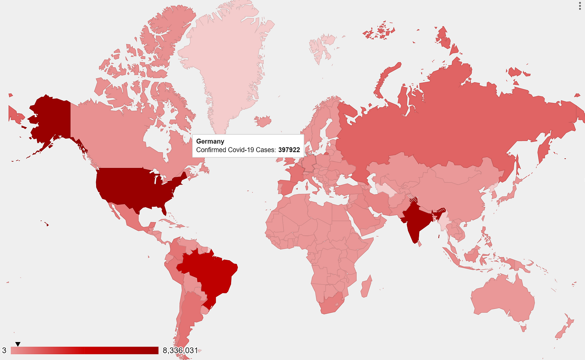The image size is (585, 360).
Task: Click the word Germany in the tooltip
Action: coord(210,142)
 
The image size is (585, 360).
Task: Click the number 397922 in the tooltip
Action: coord(289,150)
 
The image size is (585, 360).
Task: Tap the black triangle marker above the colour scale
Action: coord(18,344)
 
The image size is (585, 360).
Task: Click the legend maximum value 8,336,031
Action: coord(180,350)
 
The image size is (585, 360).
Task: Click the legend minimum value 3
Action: coord(4,350)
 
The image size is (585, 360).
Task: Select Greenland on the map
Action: coord(228,63)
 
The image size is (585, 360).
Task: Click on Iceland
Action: coord(262,122)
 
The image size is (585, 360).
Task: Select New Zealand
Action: coord(564,328)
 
